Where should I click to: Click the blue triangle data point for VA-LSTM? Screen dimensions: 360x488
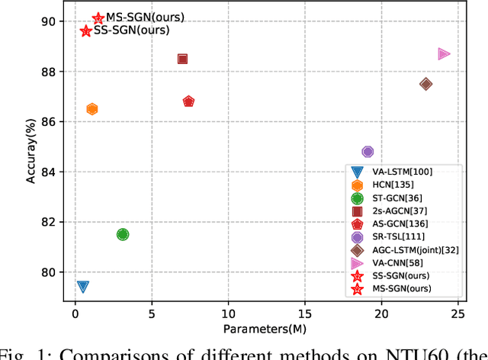(82, 287)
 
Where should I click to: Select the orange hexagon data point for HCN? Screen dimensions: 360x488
(91, 109)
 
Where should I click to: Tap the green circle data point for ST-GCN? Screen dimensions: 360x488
(123, 234)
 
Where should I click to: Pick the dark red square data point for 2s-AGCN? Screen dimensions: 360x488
(182, 59)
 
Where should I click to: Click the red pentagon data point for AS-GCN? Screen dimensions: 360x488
(188, 101)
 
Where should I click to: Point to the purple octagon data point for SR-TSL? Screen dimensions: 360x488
(368, 152)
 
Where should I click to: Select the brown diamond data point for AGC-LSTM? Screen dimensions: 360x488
(425, 84)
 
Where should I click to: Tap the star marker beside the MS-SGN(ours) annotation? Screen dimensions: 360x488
(98, 18)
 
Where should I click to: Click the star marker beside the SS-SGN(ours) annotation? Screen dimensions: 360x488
(85, 31)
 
